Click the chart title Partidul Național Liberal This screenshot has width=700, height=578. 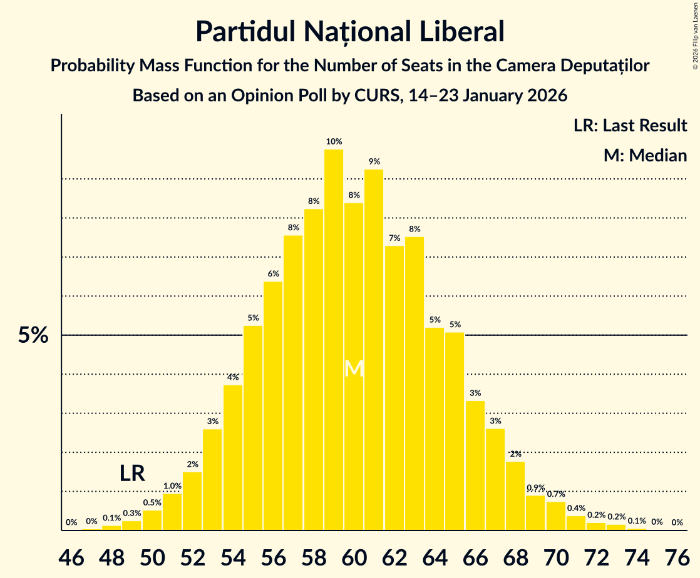[x=349, y=31]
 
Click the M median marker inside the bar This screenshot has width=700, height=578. [x=354, y=368]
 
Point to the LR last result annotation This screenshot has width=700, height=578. [x=132, y=474]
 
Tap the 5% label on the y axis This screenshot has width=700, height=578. [x=33, y=336]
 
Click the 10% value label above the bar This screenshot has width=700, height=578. [x=334, y=141]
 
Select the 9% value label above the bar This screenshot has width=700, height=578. [x=374, y=161]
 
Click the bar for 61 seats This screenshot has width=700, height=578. [x=374, y=350]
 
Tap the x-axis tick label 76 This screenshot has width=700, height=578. [x=677, y=555]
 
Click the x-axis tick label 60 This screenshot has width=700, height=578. [x=354, y=555]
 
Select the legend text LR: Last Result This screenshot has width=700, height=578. [x=630, y=125]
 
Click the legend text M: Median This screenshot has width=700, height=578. [x=645, y=155]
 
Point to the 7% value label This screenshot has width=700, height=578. [x=394, y=238]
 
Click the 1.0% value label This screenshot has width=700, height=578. [x=172, y=486]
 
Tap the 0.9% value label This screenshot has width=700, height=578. [x=535, y=488]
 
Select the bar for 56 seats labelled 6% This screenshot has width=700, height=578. [x=273, y=406]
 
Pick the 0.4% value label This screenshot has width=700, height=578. [x=576, y=509]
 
